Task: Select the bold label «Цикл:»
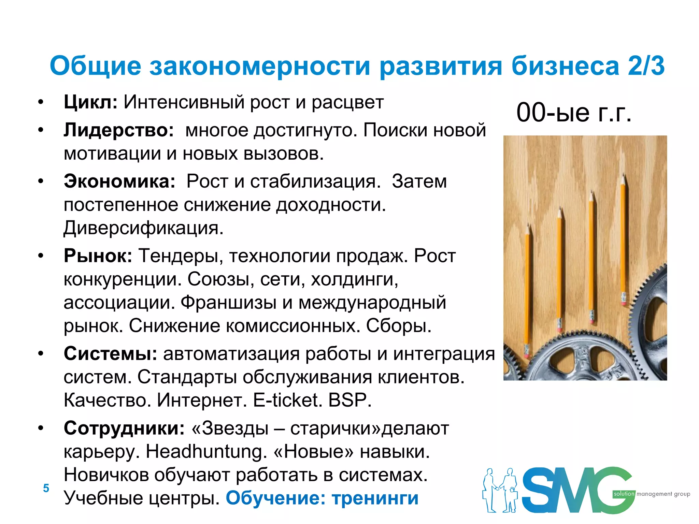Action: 90,102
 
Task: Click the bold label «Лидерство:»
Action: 119,130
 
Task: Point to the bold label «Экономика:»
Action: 119,181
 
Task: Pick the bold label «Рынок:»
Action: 98,256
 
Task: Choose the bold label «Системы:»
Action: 110,353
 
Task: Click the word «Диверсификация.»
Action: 143,228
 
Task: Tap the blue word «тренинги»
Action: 375,498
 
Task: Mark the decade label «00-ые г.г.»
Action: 574,113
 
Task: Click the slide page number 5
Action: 46,488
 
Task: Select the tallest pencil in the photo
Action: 624,239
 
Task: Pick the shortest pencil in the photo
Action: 527,290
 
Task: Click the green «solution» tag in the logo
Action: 624,494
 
